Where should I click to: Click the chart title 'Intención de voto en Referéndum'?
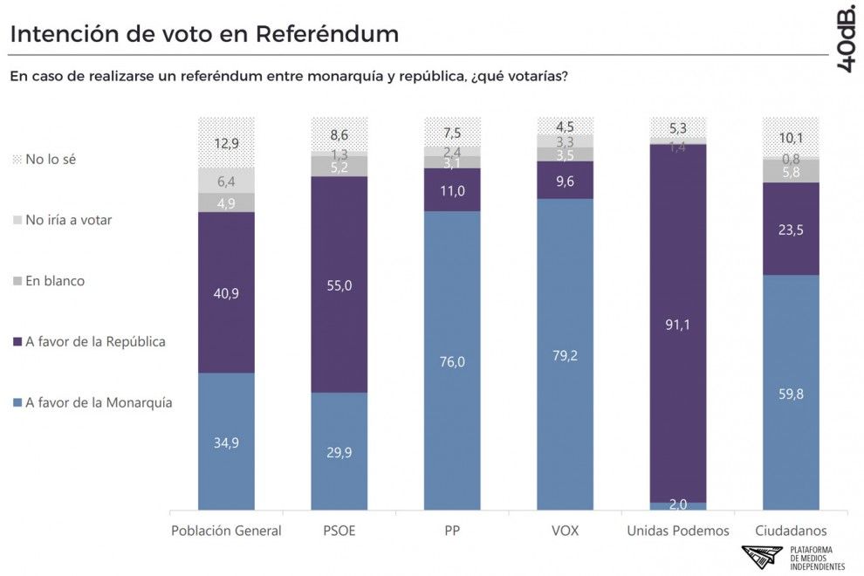203,34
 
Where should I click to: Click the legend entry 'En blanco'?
53,281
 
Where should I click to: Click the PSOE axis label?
339,531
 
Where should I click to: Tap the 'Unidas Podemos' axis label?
678,531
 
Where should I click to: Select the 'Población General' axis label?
226,531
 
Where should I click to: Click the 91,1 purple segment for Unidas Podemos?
678,323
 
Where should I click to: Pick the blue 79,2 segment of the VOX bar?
565,353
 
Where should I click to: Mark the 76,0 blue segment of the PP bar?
452,360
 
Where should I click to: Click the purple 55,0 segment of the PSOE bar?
339,284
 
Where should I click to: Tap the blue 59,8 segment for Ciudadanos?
791,392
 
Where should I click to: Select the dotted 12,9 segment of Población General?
226,141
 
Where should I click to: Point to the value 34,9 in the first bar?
226,442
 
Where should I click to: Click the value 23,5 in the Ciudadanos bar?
791,229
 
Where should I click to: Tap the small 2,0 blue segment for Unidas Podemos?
678,505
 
